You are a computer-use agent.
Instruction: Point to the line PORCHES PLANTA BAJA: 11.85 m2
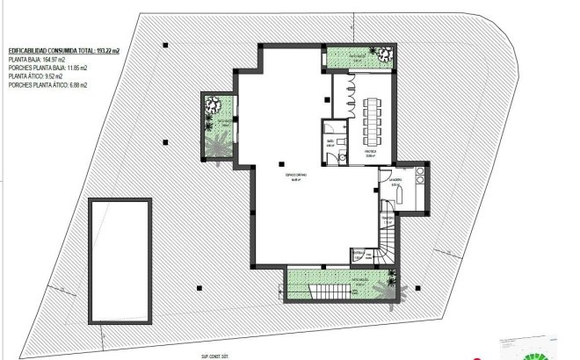[x=47, y=68]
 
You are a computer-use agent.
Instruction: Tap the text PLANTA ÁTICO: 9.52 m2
[x=36, y=76]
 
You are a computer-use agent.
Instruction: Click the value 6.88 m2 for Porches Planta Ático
[x=75, y=84]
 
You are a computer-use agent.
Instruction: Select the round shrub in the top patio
[x=384, y=58]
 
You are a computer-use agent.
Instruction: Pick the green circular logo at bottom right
[x=533, y=354]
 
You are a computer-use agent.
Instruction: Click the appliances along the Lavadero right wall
[x=420, y=181]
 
